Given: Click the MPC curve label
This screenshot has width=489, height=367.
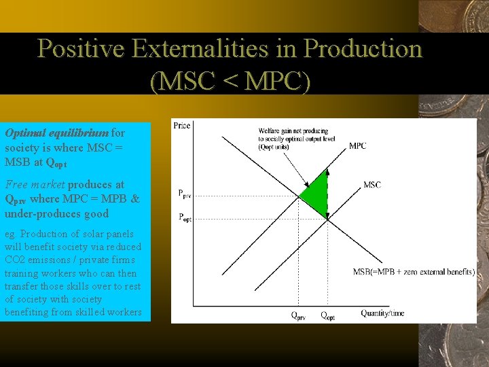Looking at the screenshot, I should (x=357, y=145).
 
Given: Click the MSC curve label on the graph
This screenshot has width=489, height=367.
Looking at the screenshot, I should (x=372, y=185).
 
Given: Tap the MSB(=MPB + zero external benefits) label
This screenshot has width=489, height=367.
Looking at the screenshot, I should (x=413, y=272).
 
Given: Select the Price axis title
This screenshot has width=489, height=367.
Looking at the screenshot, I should (x=181, y=125).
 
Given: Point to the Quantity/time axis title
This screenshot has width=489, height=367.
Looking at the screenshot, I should (x=382, y=313).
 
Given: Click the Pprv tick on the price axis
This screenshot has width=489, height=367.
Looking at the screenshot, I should (x=184, y=194).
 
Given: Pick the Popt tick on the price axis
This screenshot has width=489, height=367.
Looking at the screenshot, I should (x=184, y=217).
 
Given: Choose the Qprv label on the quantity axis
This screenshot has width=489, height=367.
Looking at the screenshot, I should (x=298, y=315).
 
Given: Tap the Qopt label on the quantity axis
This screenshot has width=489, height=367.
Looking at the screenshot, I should (x=327, y=315).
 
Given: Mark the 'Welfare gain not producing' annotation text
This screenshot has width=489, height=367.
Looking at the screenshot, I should (x=293, y=130).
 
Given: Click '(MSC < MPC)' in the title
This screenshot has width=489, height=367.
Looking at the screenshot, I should (x=230, y=81).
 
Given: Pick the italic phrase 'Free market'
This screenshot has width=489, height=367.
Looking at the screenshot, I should (x=35, y=184).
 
